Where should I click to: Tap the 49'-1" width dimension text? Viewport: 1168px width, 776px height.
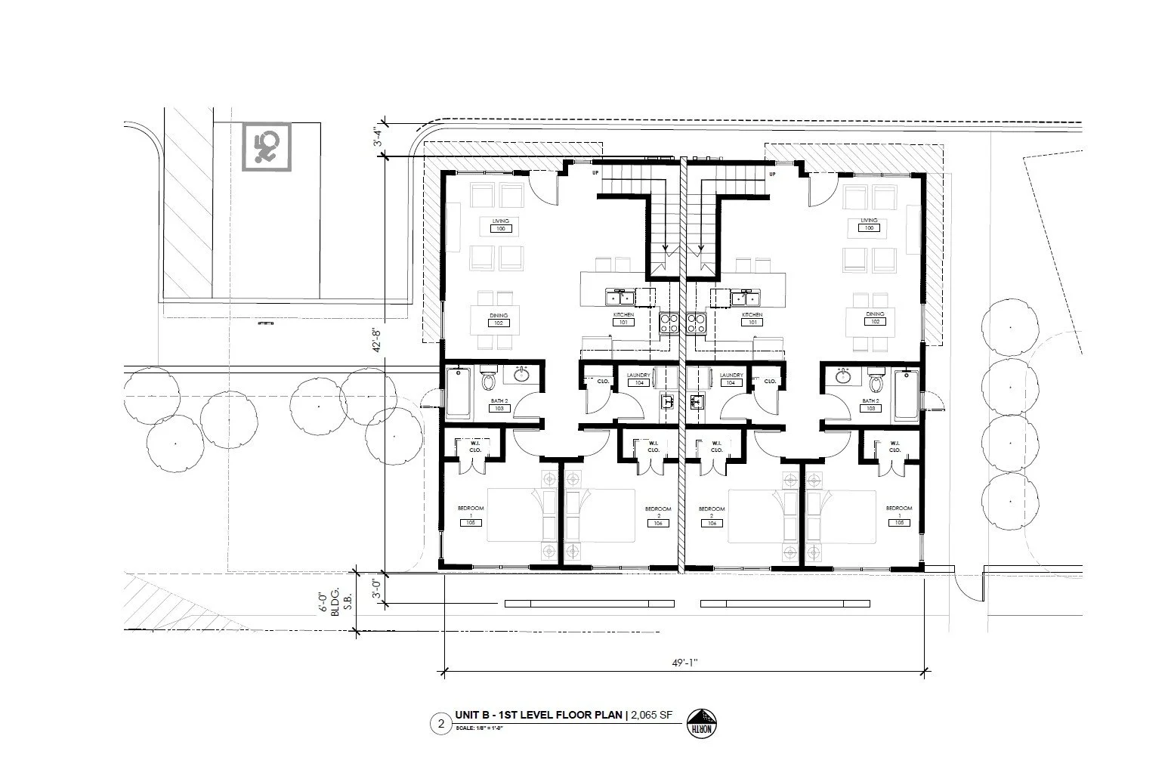(x=683, y=661)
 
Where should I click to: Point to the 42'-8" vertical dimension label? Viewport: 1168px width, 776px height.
(x=378, y=344)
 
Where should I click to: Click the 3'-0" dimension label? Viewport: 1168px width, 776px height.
(x=378, y=587)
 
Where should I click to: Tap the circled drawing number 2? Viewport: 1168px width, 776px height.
(x=439, y=723)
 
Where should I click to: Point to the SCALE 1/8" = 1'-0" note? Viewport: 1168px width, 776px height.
(x=480, y=728)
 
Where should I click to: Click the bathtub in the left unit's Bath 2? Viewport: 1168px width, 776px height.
(x=457, y=393)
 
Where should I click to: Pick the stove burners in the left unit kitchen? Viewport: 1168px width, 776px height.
(x=669, y=323)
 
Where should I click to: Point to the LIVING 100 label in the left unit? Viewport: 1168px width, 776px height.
(x=501, y=224)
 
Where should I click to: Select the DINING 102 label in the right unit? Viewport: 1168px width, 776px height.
(x=875, y=318)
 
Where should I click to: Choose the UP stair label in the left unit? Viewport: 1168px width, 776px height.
(x=595, y=174)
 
